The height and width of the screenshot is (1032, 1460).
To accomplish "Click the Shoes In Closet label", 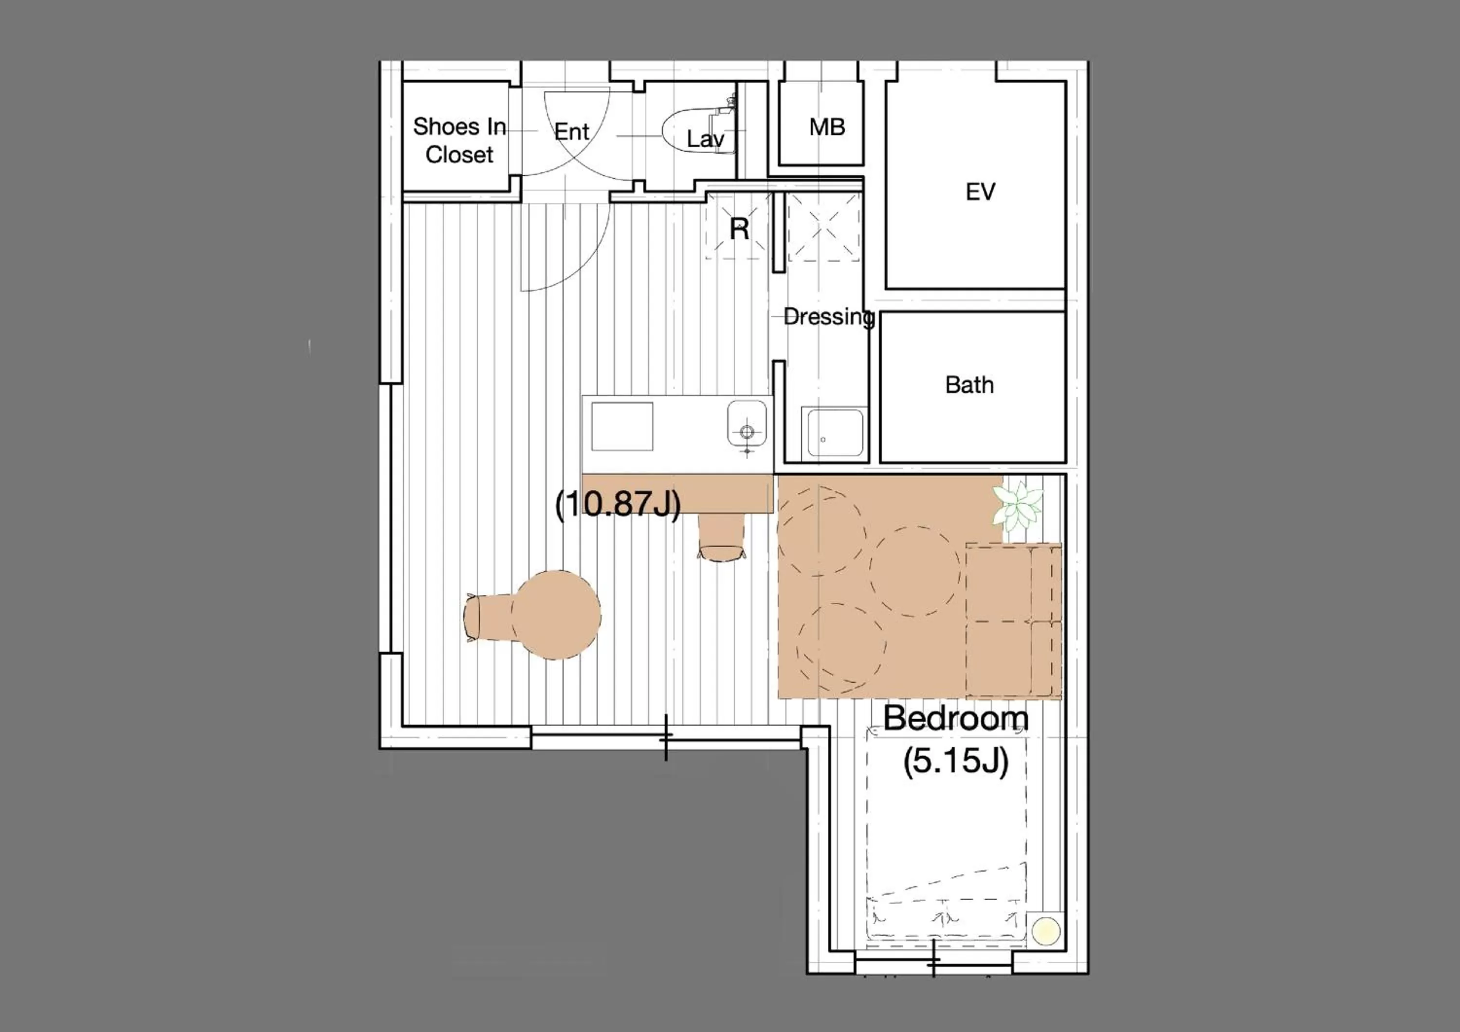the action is [459, 141].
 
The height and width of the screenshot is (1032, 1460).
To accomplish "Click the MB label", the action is [827, 127].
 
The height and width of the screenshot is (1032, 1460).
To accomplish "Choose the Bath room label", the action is [969, 385].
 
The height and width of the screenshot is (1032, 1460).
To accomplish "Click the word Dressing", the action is [829, 317].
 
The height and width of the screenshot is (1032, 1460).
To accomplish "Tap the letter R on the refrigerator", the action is [739, 229].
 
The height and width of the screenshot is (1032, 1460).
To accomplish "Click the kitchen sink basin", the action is [747, 423].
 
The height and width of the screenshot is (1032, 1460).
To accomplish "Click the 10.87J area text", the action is [618, 504].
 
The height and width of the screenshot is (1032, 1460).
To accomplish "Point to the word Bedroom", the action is [956, 718].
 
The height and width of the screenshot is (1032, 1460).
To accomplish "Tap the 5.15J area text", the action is [956, 761].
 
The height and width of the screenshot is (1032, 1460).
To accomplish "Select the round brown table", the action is [556, 615].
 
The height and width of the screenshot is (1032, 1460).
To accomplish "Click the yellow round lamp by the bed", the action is [1046, 931].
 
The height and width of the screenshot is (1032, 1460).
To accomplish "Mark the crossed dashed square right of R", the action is [823, 228].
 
